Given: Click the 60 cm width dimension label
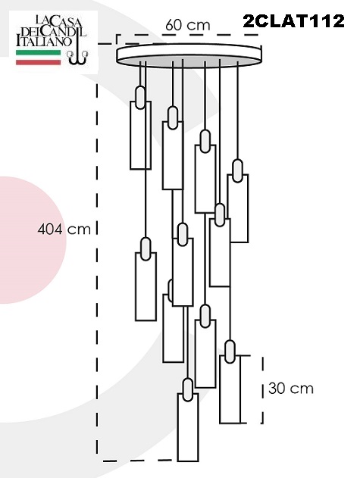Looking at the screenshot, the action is coord(188,25).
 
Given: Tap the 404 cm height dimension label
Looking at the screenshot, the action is coord(64,230).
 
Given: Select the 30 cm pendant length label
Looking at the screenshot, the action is coord(291,389).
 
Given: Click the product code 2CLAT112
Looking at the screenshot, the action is coord(293,21).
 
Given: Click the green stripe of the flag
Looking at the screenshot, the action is coord(38,52).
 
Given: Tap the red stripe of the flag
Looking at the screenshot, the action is coord(38,62).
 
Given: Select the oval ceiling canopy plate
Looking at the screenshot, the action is coord(189,55).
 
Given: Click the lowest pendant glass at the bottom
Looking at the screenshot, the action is coord(188,426).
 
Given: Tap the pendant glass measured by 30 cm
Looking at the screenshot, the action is coord(230,389).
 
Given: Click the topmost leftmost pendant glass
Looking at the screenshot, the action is coord(140,135).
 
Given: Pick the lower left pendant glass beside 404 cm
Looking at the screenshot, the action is coord(146,286).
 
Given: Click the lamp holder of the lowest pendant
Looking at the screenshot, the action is coord(188,389).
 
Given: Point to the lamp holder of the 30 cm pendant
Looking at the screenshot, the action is coord(230,351).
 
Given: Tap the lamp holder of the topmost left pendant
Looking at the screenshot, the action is coord(140,97).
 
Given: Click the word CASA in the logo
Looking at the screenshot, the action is coord(64,22).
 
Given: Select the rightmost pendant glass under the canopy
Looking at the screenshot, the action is coord(238,208).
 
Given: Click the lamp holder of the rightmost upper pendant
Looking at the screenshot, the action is coord(238,170).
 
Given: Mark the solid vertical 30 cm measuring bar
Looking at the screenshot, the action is coord(241,389).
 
